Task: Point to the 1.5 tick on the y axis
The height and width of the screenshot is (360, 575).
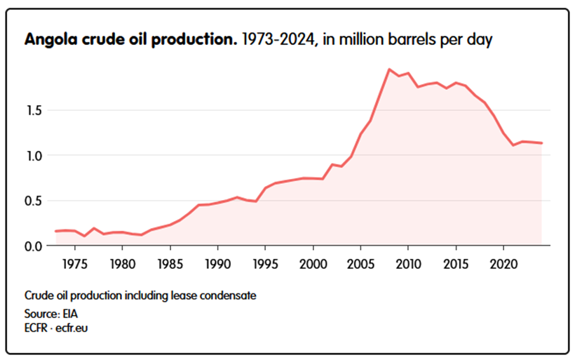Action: (x=36, y=110)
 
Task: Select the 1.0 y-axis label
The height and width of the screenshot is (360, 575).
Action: (x=36, y=156)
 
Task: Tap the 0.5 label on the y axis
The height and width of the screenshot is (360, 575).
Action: (x=36, y=201)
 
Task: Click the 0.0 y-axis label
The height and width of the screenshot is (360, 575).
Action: (x=36, y=246)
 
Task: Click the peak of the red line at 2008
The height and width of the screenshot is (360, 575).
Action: (x=389, y=69)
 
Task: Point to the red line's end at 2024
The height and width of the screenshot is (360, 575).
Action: (x=542, y=143)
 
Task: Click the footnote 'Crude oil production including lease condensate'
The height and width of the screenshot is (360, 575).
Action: (x=140, y=295)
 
